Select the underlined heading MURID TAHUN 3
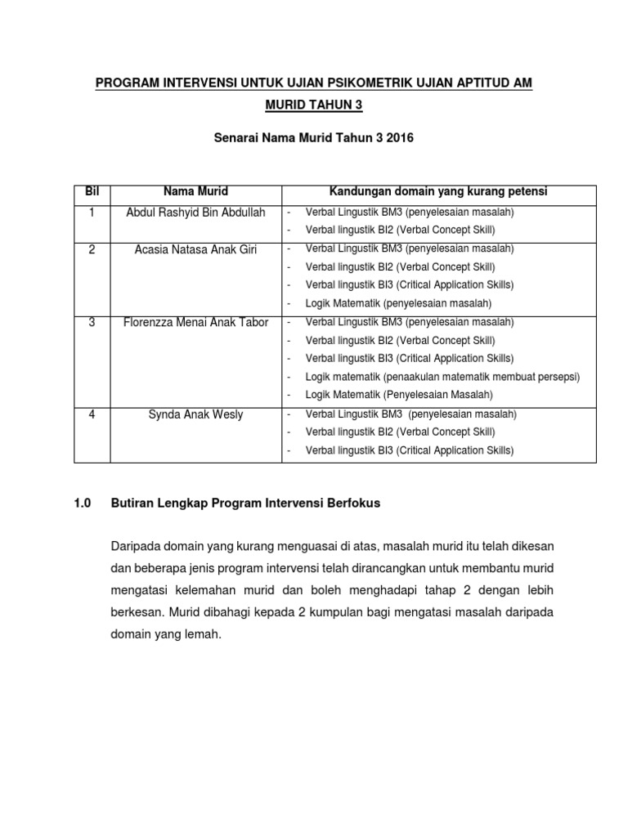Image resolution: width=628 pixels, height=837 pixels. click(314, 106)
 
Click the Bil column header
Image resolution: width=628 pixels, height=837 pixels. click(92, 192)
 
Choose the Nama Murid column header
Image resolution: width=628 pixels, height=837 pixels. click(195, 192)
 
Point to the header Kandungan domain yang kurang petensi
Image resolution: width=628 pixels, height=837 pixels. click(438, 192)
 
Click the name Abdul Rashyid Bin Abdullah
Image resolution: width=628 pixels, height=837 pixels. click(195, 213)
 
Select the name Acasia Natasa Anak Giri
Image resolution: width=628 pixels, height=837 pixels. click(195, 249)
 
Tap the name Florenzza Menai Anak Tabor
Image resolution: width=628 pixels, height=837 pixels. click(195, 322)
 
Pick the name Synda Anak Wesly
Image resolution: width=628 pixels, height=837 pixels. click(195, 414)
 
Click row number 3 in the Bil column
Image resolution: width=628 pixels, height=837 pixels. click(92, 322)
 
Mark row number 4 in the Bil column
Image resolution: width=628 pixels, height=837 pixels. click(92, 414)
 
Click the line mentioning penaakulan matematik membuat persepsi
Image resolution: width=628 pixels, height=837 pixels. click(442, 377)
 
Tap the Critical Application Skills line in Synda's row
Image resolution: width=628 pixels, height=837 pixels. click(409, 450)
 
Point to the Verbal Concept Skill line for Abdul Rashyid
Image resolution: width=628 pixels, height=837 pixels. click(400, 231)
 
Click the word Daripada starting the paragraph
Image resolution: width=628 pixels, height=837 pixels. click(135, 545)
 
